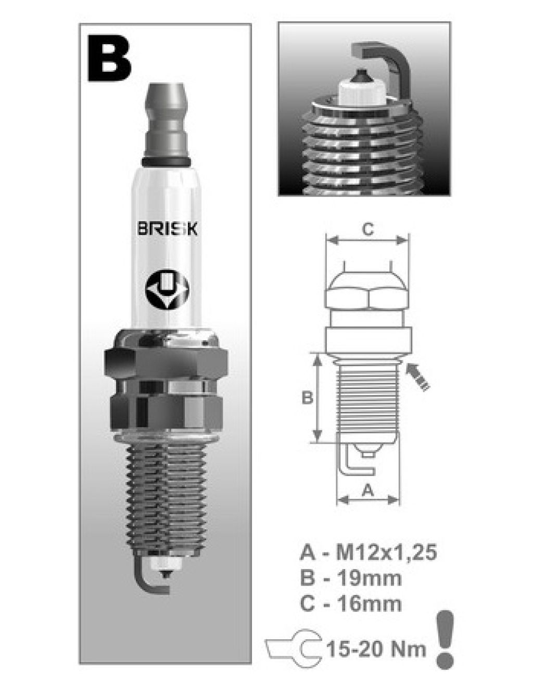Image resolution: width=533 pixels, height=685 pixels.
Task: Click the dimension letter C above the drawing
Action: tap(367, 229)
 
